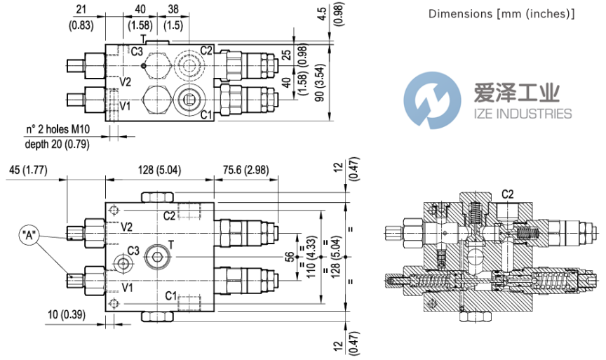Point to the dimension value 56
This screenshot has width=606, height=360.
[288, 257]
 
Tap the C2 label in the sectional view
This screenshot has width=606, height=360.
[508, 194]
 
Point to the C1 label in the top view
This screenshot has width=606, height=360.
[206, 115]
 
